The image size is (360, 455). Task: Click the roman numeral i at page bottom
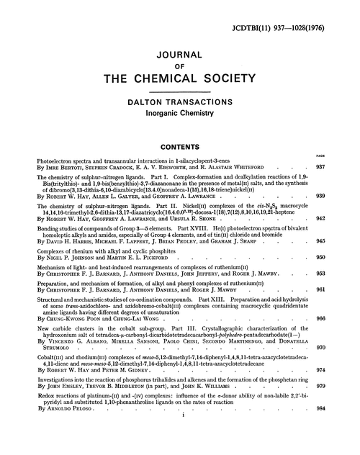180,436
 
